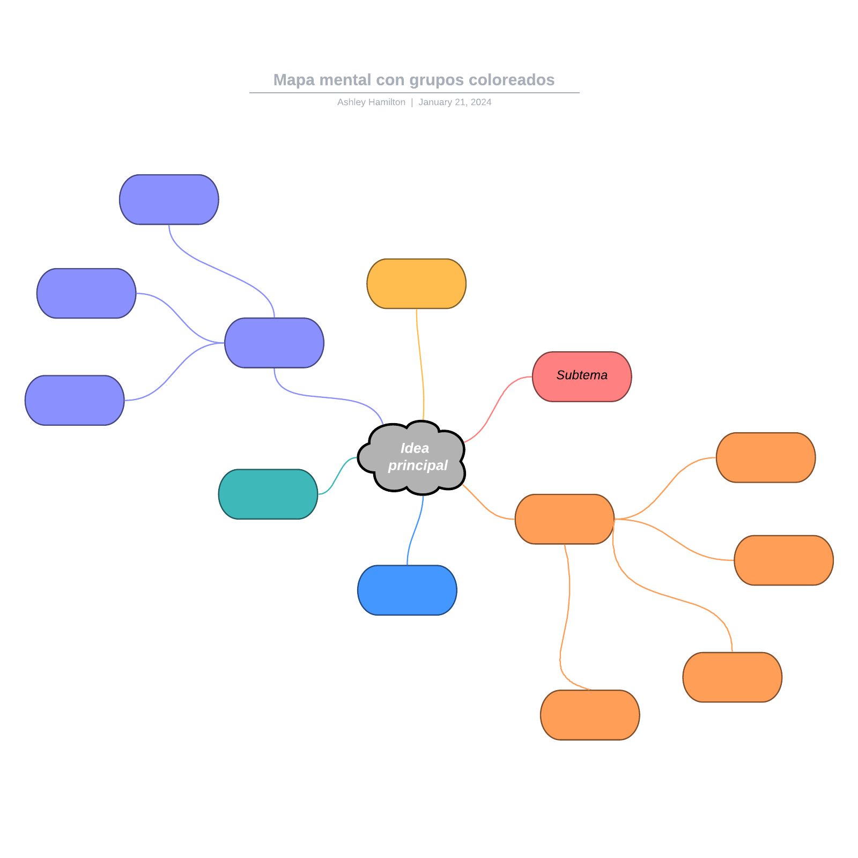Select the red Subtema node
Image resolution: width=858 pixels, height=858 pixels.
(582, 376)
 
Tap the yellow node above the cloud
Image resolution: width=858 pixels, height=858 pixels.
(416, 284)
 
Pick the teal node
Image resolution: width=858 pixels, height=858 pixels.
(268, 494)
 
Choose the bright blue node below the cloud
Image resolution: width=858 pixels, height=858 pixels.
(407, 590)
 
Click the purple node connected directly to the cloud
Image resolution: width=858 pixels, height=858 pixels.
(274, 343)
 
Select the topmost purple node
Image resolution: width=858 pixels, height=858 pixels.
(169, 199)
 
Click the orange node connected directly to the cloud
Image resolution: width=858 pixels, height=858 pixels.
(564, 519)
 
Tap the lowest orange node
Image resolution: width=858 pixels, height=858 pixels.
(590, 715)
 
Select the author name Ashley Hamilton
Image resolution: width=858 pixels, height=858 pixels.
(371, 102)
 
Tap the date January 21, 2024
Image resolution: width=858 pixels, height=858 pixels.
(455, 102)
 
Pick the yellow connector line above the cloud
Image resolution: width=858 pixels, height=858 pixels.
(420, 365)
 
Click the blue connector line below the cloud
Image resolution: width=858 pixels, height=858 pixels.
(414, 531)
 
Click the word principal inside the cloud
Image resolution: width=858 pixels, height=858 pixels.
(418, 465)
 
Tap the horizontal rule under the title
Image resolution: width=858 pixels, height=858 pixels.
(414, 93)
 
